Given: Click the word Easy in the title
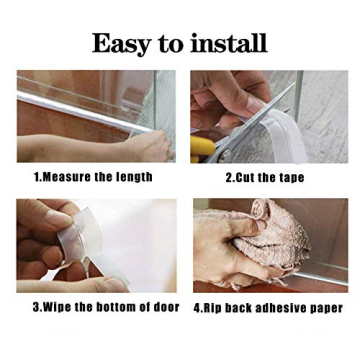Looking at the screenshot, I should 121,43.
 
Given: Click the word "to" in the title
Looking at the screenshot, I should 171,45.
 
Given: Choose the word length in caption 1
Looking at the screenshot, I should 134,177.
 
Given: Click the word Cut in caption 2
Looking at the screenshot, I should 246,177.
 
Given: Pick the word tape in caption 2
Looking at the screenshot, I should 290,177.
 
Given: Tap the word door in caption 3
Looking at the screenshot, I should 166,307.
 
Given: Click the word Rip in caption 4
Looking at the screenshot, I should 214,307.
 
